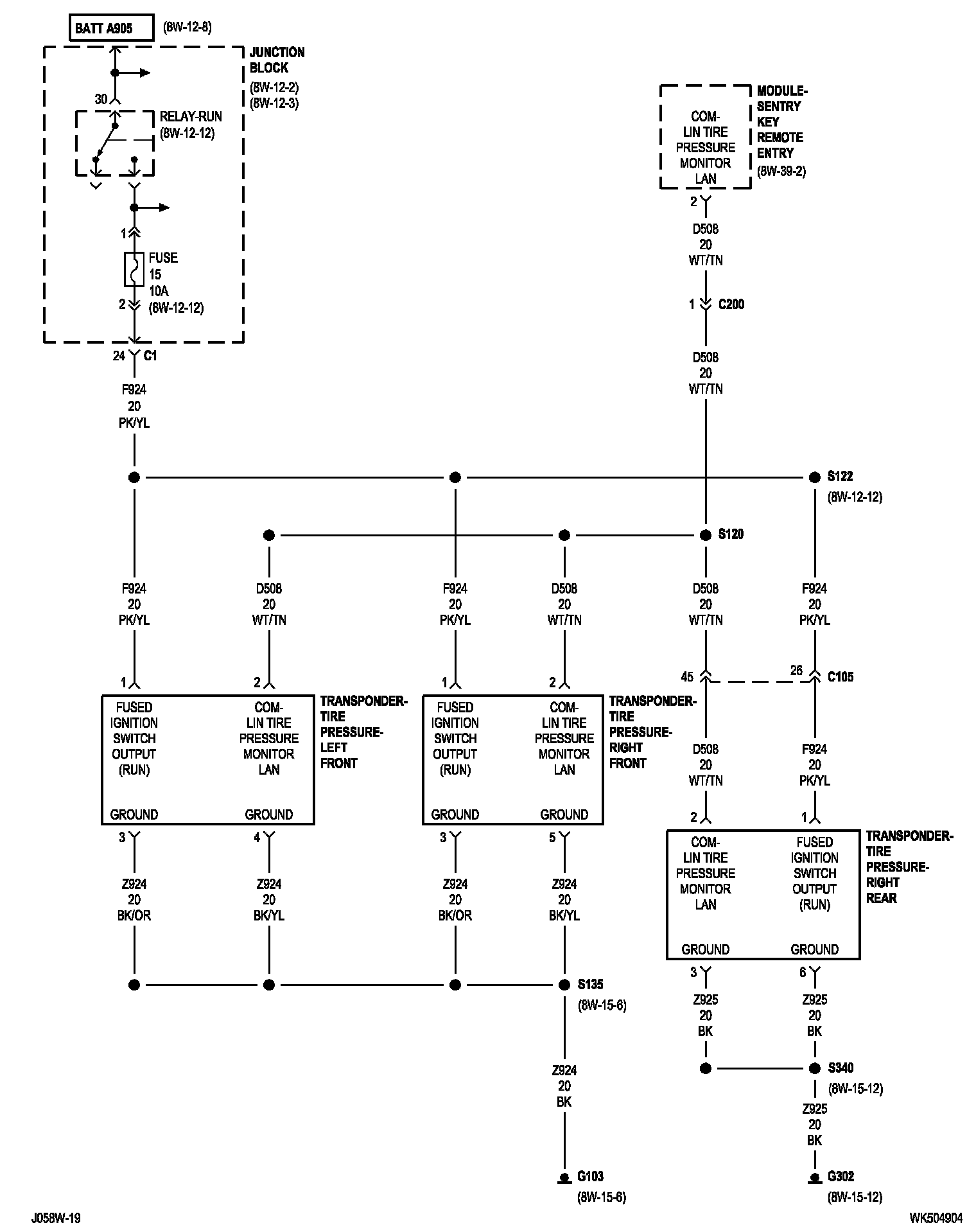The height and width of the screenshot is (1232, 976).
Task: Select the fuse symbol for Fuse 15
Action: point(134,268)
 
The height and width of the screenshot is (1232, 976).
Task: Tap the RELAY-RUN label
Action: point(191,116)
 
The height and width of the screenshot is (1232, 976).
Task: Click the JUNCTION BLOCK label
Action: point(277,60)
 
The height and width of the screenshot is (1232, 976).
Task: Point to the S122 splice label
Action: point(840,476)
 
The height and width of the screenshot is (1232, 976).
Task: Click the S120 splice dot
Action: point(706,535)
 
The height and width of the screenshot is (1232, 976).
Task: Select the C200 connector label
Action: point(731,304)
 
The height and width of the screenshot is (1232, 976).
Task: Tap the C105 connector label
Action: point(841,676)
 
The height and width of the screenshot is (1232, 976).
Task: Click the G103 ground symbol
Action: point(564,1178)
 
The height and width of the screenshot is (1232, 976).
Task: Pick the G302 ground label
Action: point(841,1176)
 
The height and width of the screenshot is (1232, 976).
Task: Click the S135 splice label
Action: point(590,983)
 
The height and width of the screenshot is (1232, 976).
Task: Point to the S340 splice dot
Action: point(815,1068)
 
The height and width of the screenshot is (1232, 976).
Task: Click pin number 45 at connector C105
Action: point(687,676)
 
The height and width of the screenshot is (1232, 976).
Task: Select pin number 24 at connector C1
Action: point(119,355)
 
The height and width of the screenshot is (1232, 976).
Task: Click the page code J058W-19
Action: point(56,1218)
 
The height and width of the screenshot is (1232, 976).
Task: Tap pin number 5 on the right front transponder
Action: point(552,837)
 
